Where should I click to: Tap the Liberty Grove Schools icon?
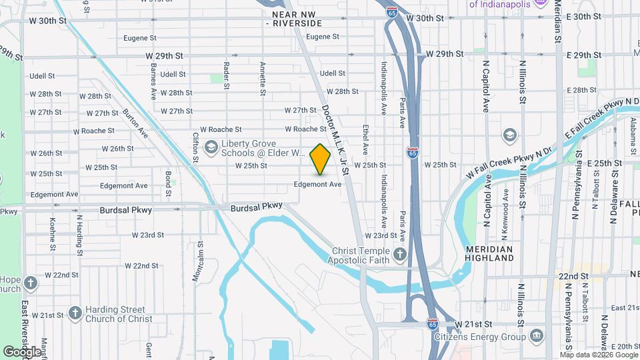(211, 147)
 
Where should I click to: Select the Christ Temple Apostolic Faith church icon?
(400, 254)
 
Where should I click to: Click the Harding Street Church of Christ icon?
(75, 313)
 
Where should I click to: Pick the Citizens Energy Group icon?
(536, 336)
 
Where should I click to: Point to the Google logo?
(22, 351)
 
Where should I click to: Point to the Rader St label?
(227, 76)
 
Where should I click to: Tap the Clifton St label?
(196, 147)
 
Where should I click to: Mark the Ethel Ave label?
(365, 136)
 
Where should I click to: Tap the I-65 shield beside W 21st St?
(433, 324)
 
